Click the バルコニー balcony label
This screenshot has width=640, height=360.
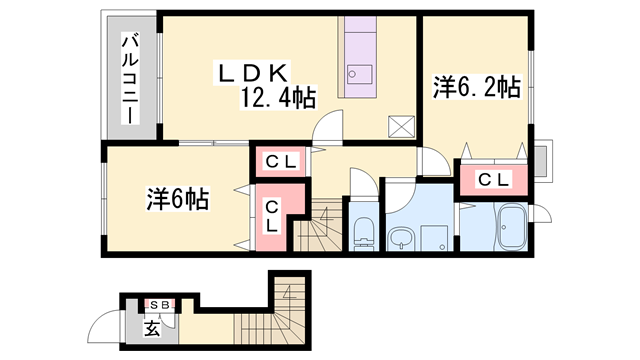coord(130,79)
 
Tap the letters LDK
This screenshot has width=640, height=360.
coord(256,72)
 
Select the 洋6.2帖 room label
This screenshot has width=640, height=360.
coord(476,87)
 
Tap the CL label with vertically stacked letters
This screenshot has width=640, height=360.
coord(272,216)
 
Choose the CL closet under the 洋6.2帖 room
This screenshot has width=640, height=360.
coord(490,180)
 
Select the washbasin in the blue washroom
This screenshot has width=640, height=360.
coord(401,239)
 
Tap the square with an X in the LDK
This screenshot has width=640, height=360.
coord(401,127)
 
